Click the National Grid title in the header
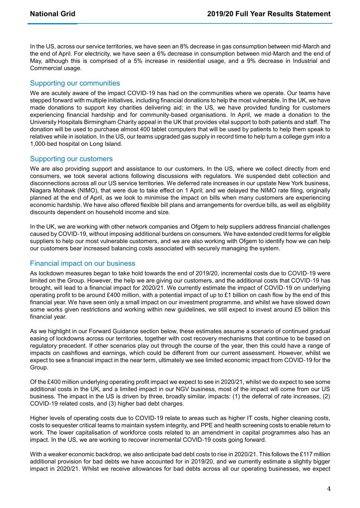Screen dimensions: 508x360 [52, 14]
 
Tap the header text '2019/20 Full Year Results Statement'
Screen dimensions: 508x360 [269, 14]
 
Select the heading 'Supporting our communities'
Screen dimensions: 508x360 [75, 83]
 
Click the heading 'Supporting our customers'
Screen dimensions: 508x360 [71, 159]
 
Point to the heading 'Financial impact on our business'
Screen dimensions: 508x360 [83, 263]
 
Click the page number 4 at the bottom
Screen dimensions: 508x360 [329, 489]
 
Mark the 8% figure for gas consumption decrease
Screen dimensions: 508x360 [184, 47]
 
